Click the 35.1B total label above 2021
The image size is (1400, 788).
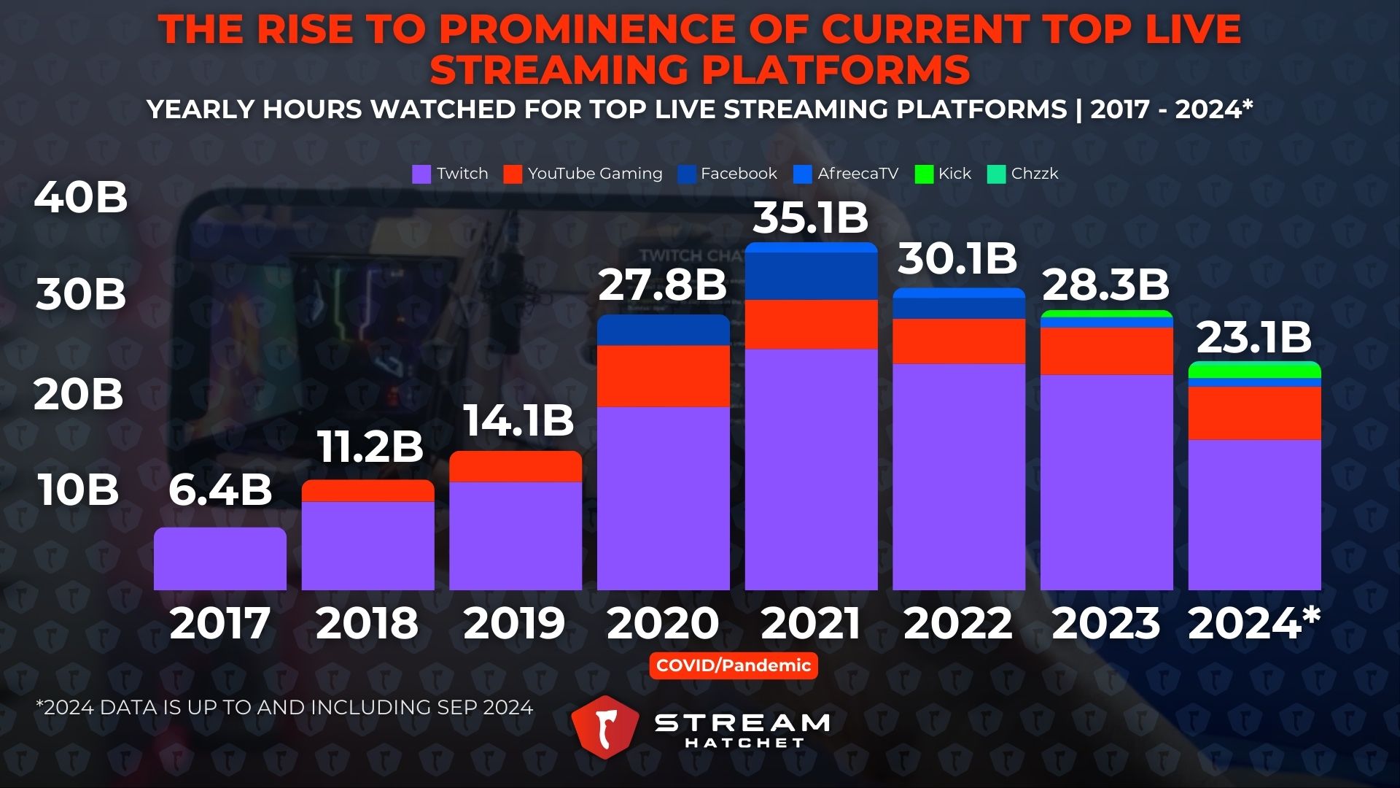point(810,218)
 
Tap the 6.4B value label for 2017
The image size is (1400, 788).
point(220,490)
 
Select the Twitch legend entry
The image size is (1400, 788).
point(450,174)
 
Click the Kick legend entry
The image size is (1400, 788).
point(943,174)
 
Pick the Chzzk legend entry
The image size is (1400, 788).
point(1022,174)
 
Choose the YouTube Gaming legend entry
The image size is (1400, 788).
point(583,174)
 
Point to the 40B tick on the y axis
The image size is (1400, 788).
point(81,197)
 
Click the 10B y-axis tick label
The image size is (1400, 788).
point(78,490)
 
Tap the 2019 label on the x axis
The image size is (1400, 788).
point(515,624)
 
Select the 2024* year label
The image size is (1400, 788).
point(1254,624)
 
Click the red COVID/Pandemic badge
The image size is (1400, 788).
point(734,665)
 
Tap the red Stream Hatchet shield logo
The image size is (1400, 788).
point(604,727)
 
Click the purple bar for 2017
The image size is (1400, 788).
point(220,560)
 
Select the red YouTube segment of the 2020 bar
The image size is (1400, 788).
point(664,376)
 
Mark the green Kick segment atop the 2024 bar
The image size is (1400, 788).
point(1254,370)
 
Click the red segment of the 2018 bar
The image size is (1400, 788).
point(368,491)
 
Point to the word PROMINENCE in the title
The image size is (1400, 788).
point(587,30)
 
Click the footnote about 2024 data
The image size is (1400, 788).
point(284,708)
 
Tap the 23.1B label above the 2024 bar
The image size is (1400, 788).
point(1254,338)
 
